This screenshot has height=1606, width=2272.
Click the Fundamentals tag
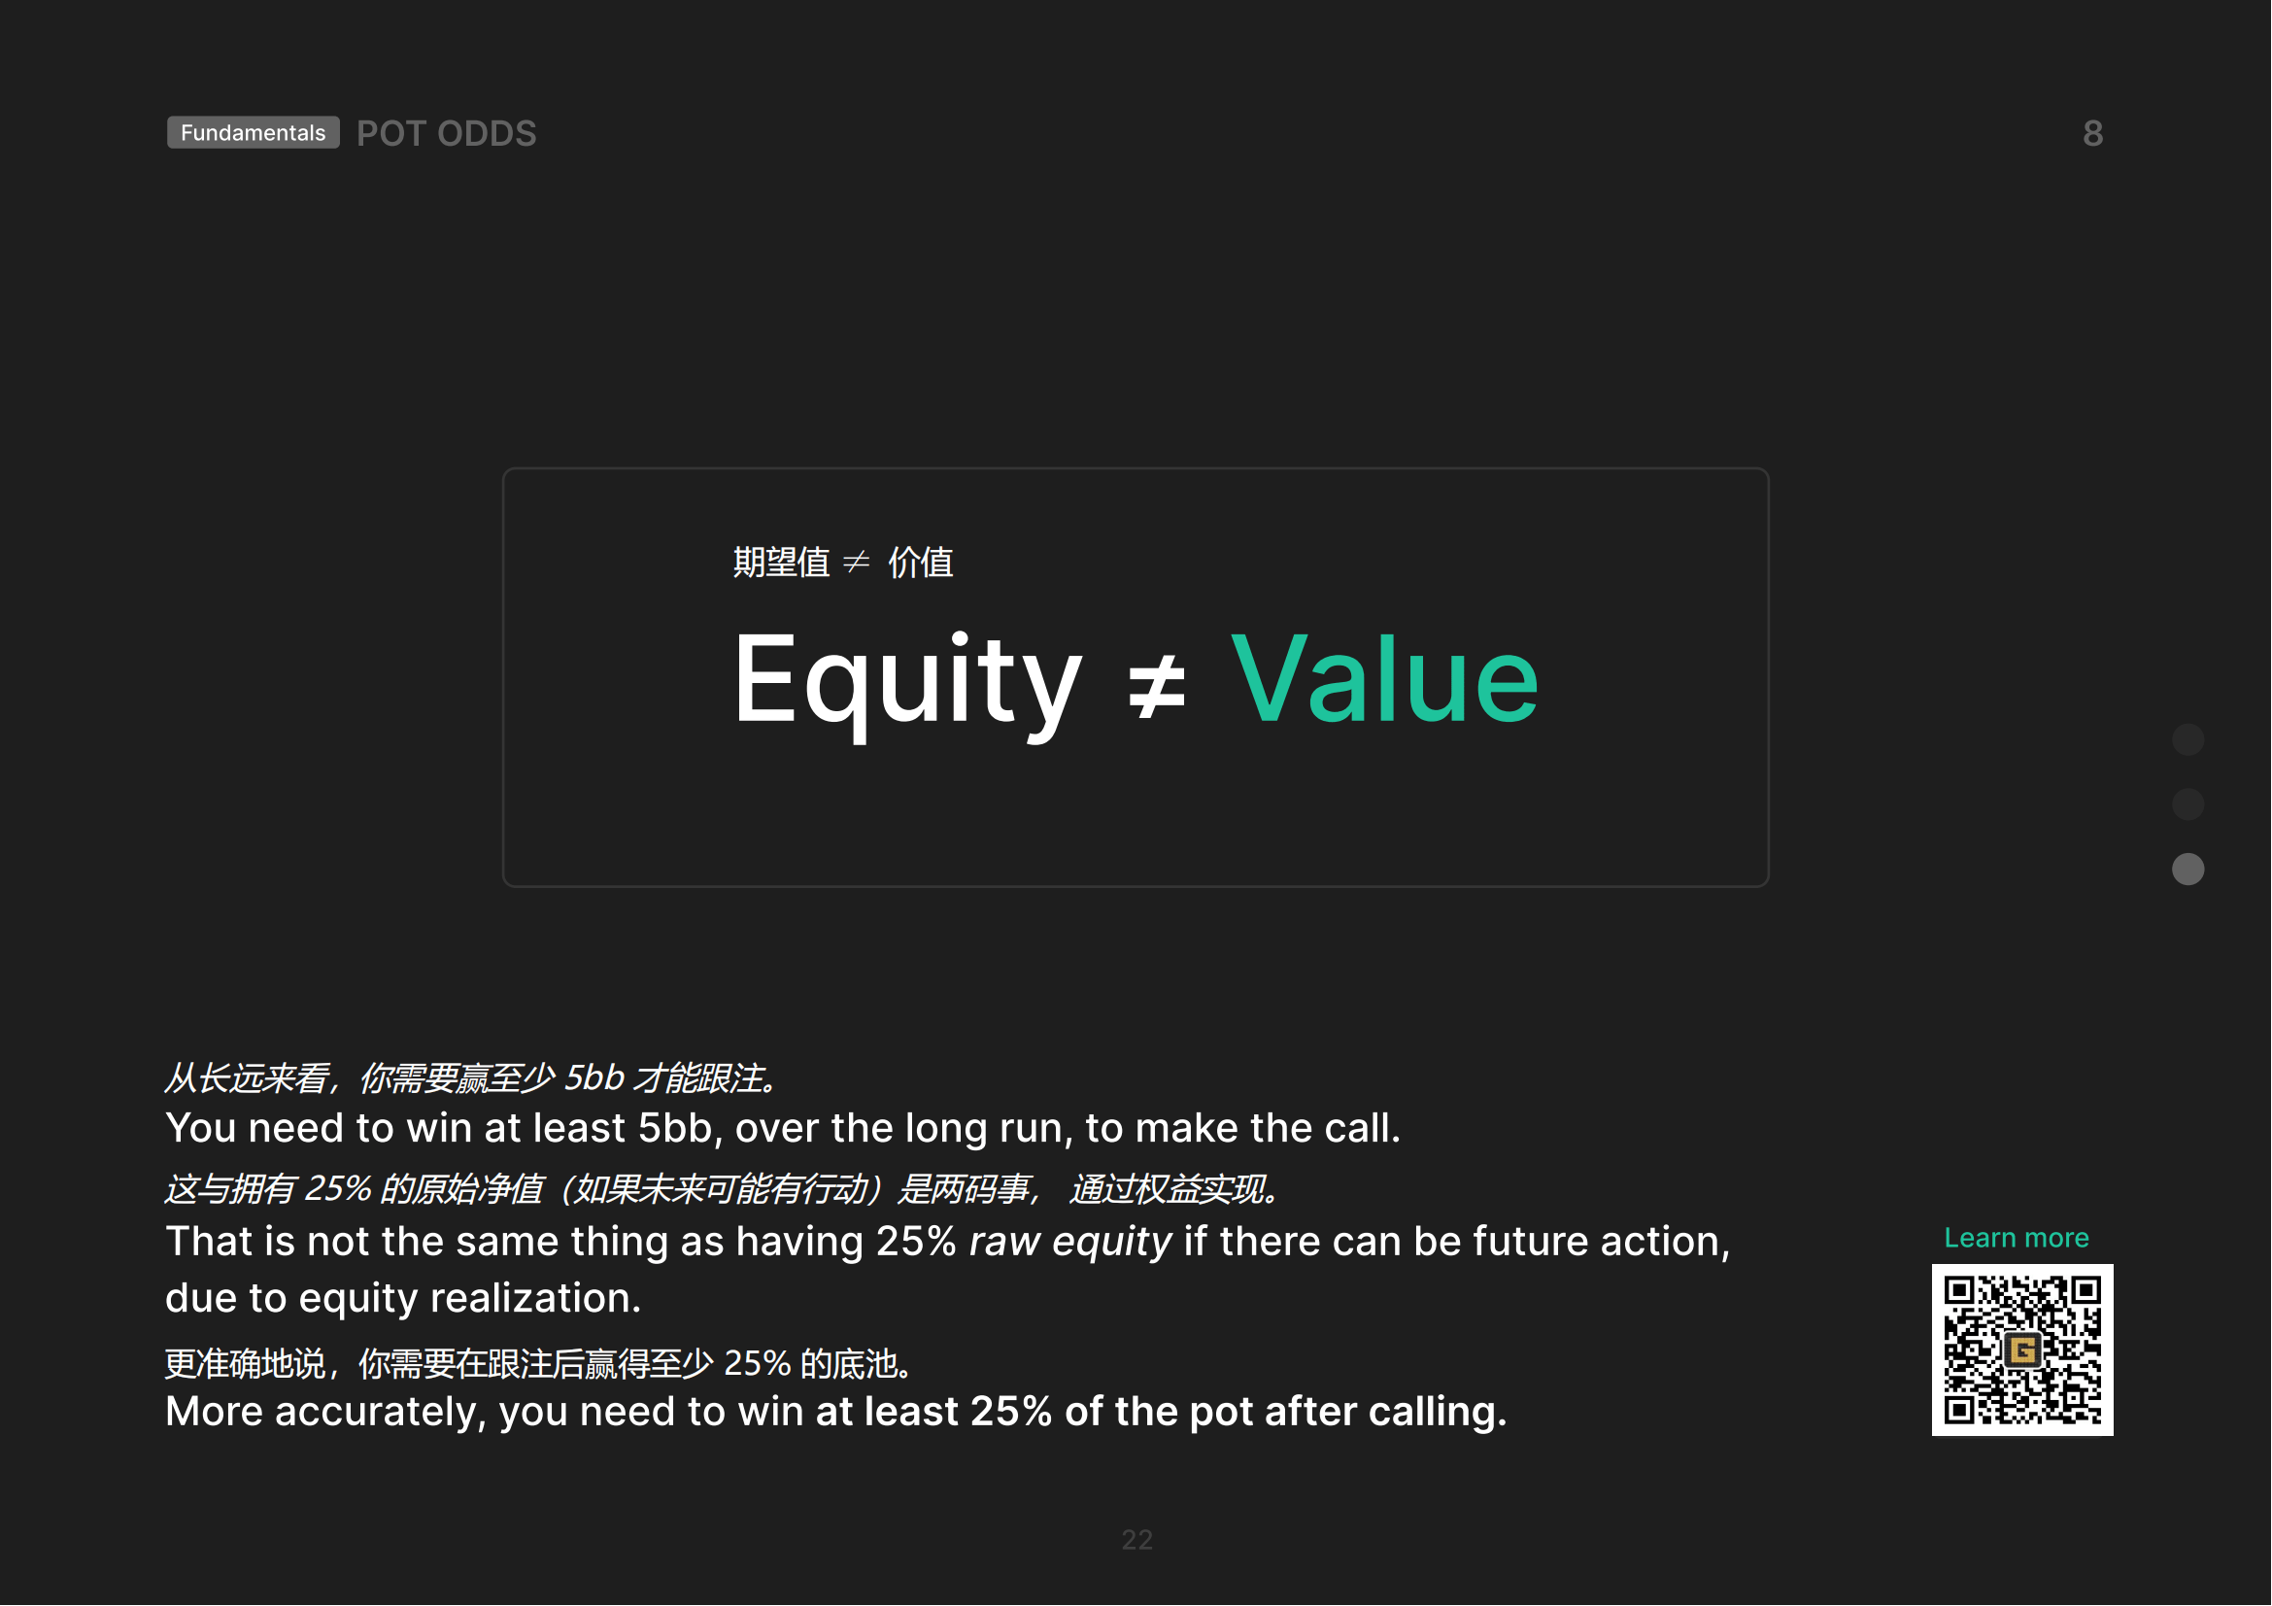pos(254,132)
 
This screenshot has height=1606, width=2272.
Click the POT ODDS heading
pos(446,133)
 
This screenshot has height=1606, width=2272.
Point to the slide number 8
pos(2092,133)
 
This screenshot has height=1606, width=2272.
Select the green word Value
pos(1383,679)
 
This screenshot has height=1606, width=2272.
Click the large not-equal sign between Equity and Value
pos(1156,685)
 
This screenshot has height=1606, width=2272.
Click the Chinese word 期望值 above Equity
pos(781,562)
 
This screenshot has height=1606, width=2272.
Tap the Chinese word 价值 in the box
pos(920,562)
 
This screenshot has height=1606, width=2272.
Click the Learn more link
pos(2016,1237)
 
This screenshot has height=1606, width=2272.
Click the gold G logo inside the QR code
pos(2021,1350)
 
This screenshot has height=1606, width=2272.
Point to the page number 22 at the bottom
pos(1137,1540)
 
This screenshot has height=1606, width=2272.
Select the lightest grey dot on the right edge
pos(2187,870)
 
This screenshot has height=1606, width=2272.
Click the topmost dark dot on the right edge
pos(2187,739)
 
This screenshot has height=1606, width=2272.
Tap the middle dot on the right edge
pos(2187,804)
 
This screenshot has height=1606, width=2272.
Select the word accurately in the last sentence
pos(381,1412)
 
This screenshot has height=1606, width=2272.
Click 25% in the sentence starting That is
pos(916,1242)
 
